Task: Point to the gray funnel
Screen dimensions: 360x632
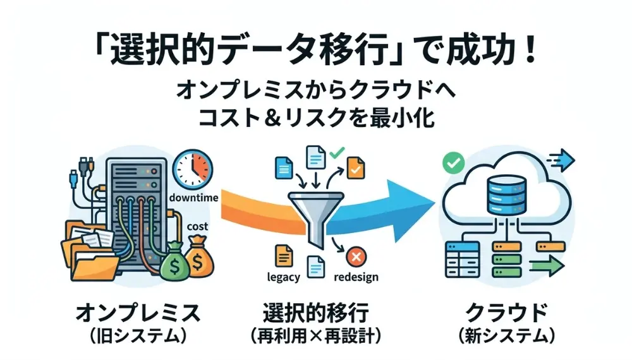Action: (315, 212)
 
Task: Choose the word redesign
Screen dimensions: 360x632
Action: (356, 277)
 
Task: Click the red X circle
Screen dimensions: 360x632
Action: (356, 257)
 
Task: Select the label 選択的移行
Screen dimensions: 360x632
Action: (315, 312)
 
